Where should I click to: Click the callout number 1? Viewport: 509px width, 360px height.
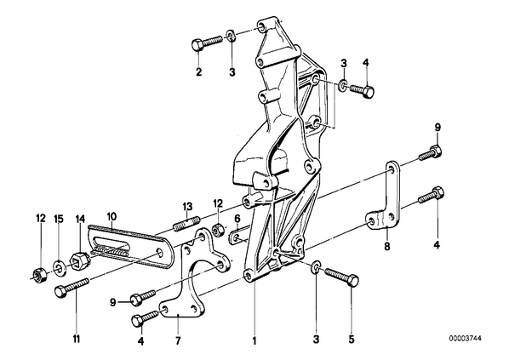[254, 340]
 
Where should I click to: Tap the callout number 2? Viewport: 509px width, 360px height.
[198, 71]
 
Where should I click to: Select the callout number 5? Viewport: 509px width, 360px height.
[352, 340]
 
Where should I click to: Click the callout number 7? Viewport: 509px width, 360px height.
[178, 340]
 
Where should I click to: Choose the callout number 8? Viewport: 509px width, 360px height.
[387, 247]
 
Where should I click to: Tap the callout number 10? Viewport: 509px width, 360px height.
[111, 216]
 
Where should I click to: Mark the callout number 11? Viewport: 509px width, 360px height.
[77, 340]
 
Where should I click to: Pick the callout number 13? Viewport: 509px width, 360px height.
[187, 207]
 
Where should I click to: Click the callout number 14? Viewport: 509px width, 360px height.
[81, 219]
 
